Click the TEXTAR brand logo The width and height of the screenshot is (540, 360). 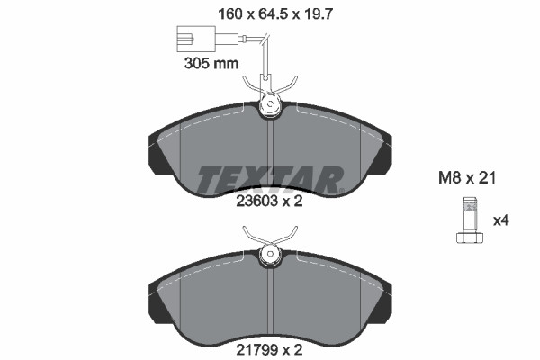click(x=270, y=179)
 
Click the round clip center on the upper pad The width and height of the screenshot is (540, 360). click(x=270, y=108)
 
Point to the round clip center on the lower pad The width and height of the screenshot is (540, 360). click(x=270, y=256)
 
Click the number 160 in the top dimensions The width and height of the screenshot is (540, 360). click(x=230, y=13)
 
